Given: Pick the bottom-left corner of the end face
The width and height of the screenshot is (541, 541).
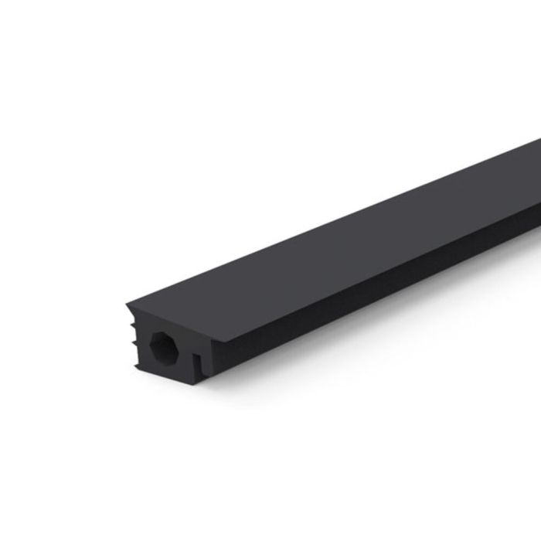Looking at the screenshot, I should (x=138, y=366).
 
